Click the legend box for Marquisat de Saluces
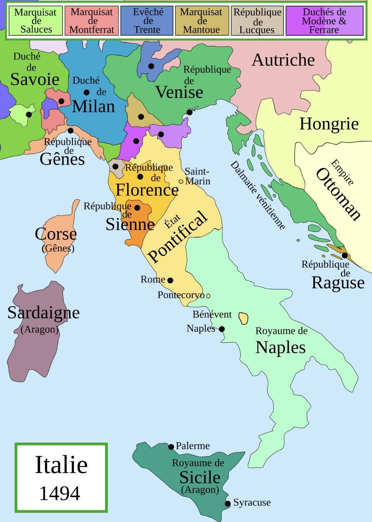(x=35, y=21)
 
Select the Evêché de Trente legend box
(x=147, y=21)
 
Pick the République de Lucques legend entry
(x=257, y=21)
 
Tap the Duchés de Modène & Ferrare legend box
(x=324, y=21)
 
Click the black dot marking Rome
(x=170, y=280)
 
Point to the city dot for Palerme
(x=171, y=447)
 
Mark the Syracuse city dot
(x=228, y=503)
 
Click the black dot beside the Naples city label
(x=222, y=329)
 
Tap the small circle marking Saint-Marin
(x=181, y=182)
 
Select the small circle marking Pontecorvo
(x=208, y=296)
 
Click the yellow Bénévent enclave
(x=244, y=318)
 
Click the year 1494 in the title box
(x=60, y=493)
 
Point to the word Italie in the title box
(x=61, y=464)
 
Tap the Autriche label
(x=283, y=60)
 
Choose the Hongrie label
(x=329, y=124)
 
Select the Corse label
(x=56, y=234)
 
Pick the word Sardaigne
(x=44, y=312)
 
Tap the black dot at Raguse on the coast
(x=345, y=256)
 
